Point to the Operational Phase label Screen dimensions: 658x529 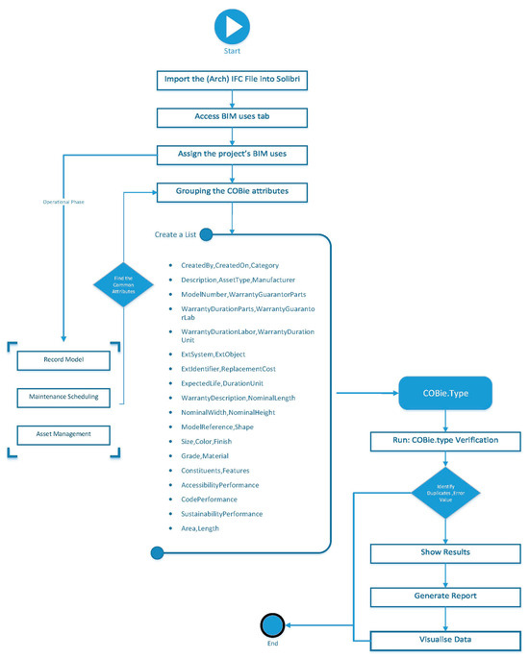(x=63, y=204)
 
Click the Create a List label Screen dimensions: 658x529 (x=177, y=233)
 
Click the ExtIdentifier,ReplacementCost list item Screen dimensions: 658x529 (x=227, y=368)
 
